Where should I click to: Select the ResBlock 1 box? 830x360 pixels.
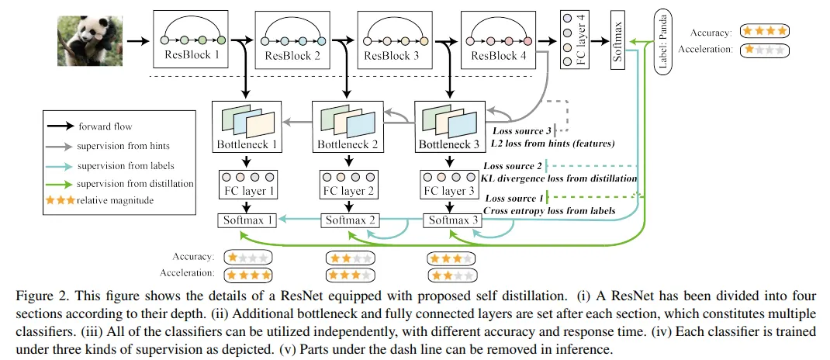tap(192, 40)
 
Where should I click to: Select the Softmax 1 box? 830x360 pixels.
tap(247, 220)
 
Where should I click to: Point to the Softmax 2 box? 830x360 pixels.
tap(348, 220)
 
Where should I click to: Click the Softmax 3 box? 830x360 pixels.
tap(449, 220)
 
